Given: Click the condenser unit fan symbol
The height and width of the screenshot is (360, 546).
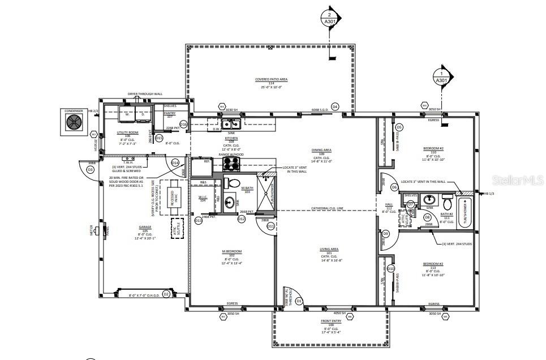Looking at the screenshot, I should click(74, 122).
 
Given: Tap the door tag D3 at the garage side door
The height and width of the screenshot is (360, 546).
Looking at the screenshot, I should click(90, 169).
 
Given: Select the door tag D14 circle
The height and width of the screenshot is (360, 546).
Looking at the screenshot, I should click(175, 162).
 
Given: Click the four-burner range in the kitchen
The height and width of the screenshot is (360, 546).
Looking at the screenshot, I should click(230, 164).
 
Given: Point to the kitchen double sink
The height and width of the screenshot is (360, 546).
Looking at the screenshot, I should click(230, 124).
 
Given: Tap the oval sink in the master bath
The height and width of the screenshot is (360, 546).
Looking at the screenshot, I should click(229, 203).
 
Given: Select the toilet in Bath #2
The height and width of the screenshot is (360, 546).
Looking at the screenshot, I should click(446, 202).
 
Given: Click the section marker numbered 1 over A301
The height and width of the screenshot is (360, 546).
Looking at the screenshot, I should click(441, 77).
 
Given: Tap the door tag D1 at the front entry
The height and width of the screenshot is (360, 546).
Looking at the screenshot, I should click(299, 302).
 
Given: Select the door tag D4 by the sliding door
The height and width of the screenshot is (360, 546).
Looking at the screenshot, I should click(334, 106).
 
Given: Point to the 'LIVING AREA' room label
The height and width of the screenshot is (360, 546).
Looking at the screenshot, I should click(329, 249).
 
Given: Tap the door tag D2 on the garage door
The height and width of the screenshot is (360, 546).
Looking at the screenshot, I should click(166, 294).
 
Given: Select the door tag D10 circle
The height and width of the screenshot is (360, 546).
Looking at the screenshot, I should click(390, 268).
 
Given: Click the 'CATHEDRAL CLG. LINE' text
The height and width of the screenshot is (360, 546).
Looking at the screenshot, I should click(328, 209).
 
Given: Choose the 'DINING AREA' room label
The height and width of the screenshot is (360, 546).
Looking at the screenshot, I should click(321, 150).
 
